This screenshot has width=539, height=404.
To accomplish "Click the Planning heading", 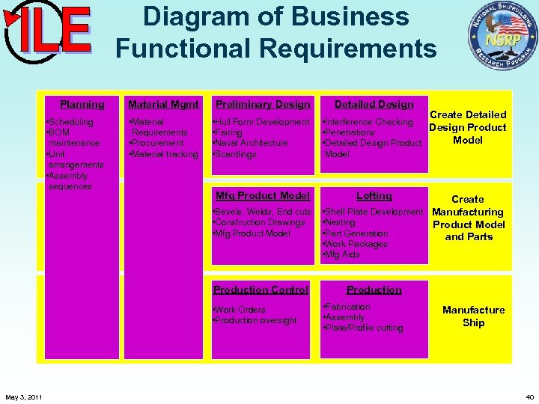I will pos(82,105).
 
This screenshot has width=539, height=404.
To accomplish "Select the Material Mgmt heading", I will pos(163,105).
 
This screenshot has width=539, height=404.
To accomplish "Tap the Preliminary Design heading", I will pos(262,105).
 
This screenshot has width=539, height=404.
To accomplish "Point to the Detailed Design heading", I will pos(374,105).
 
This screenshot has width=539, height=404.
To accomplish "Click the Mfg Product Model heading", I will pos(262,196).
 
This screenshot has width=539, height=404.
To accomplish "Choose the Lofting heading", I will pos(374,196).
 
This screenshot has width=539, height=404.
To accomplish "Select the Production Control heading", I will pos(261,290).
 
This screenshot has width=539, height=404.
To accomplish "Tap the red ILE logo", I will pos(48,30).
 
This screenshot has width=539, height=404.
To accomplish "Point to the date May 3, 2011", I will pos(24,396).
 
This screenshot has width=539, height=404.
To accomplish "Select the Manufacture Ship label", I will pos(473,316).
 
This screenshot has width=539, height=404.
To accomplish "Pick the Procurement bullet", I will pos(156,143).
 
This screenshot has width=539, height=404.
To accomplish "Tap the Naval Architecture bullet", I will pos(251,143).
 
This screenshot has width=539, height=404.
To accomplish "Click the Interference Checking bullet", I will pos(368,122).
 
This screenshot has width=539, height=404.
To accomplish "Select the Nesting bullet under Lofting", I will pos(341,223).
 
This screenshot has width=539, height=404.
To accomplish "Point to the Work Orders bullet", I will pos(240,310).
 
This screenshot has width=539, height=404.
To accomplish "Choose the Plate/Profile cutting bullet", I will pos(363,328).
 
